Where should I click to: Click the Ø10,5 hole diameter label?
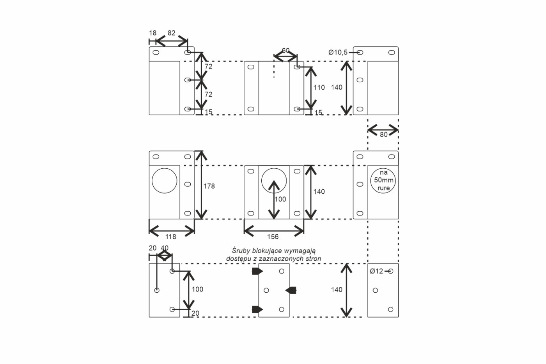click(x=338, y=52)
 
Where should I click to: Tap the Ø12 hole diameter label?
click(x=376, y=271)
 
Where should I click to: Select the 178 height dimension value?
click(x=209, y=186)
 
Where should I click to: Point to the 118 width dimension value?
click(x=171, y=237)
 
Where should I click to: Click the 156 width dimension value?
click(x=273, y=237)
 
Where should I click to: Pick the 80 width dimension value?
click(x=384, y=134)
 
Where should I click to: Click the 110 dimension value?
click(x=319, y=87)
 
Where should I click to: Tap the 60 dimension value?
click(x=285, y=50)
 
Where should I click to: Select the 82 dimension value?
click(x=171, y=33)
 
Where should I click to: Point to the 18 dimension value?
click(x=152, y=33)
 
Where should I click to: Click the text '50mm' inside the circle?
click(x=384, y=180)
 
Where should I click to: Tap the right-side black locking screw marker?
click(x=291, y=290)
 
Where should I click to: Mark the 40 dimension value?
click(x=165, y=248)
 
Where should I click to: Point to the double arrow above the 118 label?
click(x=172, y=231)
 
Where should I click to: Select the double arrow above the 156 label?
click(x=274, y=231)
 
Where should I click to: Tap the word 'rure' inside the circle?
click(x=384, y=188)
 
